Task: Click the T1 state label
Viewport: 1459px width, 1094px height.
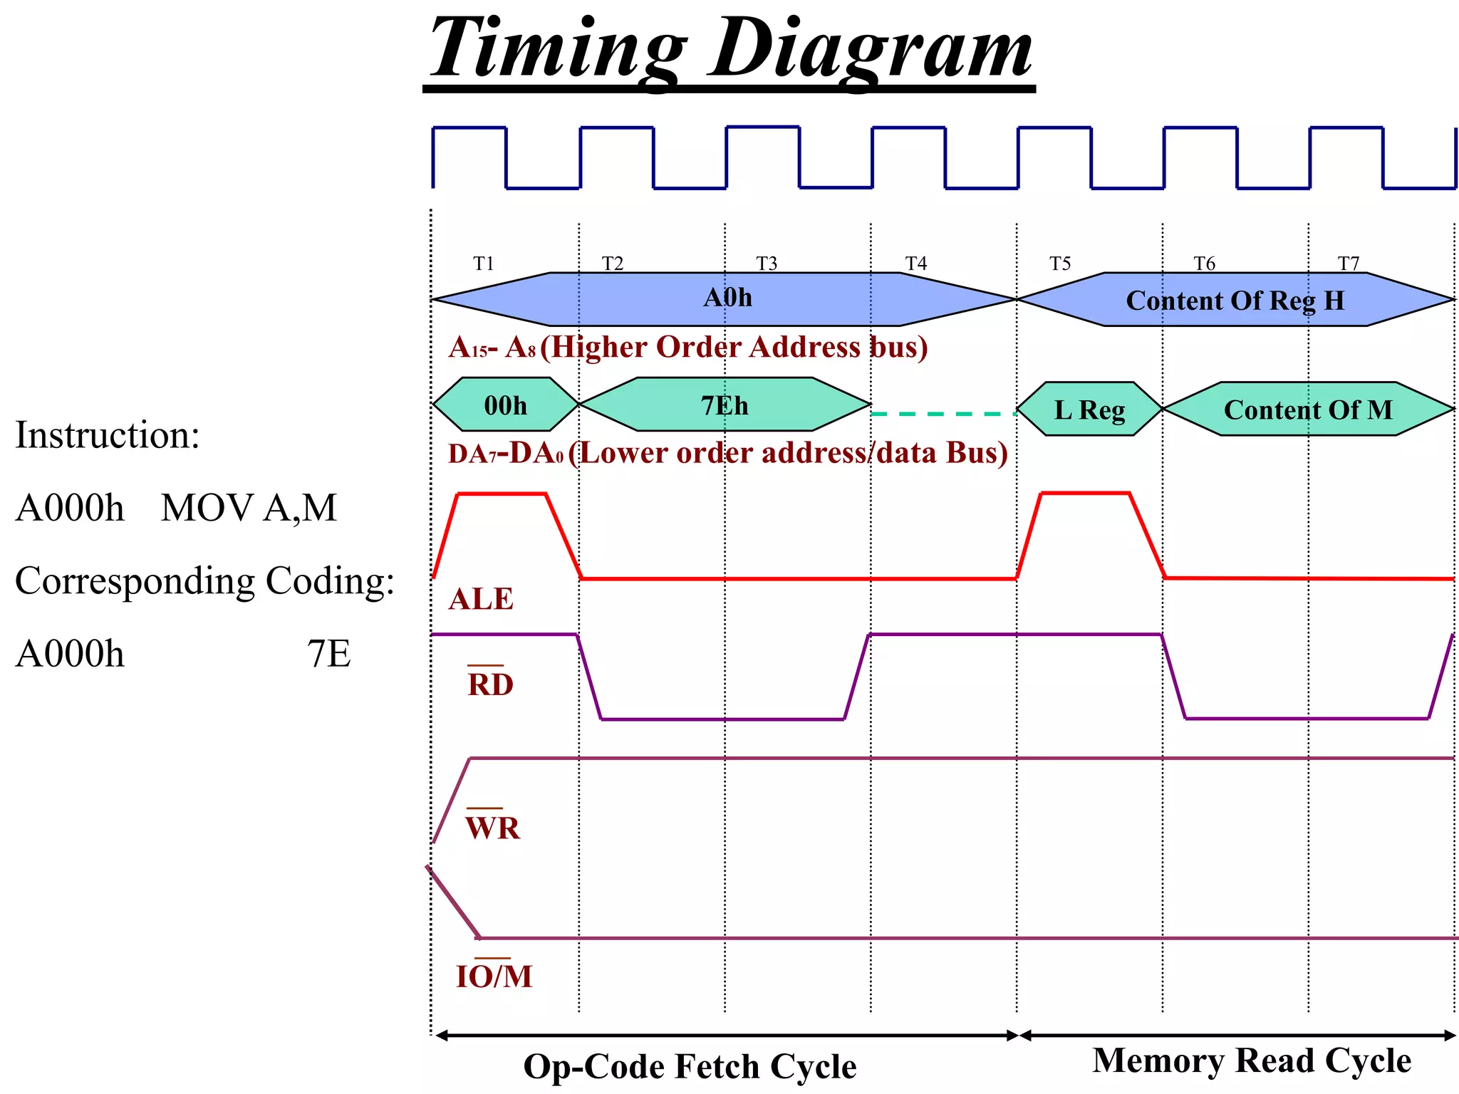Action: tap(484, 264)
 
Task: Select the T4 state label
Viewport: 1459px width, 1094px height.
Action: tap(916, 264)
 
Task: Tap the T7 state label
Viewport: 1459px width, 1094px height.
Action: tap(1349, 264)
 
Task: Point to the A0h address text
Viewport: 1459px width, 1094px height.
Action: tap(727, 298)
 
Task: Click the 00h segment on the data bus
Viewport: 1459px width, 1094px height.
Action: tap(505, 405)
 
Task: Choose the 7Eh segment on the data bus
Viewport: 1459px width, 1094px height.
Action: tap(725, 405)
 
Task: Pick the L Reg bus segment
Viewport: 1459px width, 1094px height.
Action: tap(1089, 410)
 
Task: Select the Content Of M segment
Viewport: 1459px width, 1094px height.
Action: tap(1308, 410)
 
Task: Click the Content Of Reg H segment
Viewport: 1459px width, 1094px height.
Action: tap(1235, 301)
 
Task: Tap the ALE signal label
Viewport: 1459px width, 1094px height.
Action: tap(481, 600)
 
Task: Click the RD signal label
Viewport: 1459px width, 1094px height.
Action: tap(490, 684)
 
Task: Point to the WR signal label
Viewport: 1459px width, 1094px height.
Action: tap(492, 828)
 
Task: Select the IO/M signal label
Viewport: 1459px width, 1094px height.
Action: tap(494, 976)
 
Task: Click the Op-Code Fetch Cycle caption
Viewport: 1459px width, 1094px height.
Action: tap(690, 1067)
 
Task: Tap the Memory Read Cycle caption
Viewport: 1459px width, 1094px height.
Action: tap(1252, 1061)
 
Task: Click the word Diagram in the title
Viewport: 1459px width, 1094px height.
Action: tap(871, 50)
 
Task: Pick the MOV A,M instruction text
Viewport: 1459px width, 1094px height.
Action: tap(249, 509)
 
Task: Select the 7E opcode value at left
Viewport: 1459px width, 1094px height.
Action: tap(329, 654)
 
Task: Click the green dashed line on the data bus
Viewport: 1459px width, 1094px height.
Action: tap(943, 414)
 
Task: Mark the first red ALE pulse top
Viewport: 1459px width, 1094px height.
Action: tap(502, 493)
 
